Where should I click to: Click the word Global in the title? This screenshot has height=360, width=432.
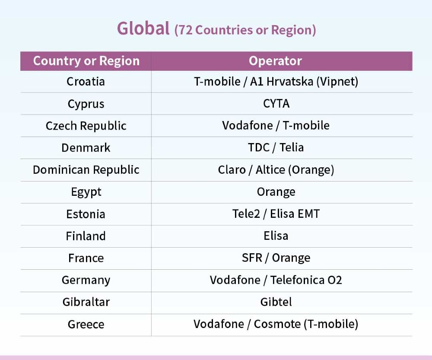(x=143, y=29)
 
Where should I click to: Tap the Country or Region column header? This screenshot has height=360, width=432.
(x=86, y=61)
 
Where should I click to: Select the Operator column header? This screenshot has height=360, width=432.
(x=275, y=61)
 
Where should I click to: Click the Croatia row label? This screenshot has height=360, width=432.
(x=86, y=82)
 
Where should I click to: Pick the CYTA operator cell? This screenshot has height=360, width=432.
(x=276, y=104)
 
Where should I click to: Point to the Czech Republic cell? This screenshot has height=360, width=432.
(x=86, y=126)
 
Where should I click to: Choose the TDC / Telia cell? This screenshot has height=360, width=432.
(x=276, y=147)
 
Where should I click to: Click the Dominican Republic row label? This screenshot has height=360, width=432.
(x=86, y=170)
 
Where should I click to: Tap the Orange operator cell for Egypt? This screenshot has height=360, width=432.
(x=276, y=192)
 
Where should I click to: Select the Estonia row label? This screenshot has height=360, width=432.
(x=86, y=214)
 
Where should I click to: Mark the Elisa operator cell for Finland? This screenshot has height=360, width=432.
(x=276, y=236)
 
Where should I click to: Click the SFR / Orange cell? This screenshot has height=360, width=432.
(x=276, y=258)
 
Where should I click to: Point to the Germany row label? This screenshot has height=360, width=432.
(x=86, y=280)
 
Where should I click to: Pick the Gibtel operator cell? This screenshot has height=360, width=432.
(x=276, y=302)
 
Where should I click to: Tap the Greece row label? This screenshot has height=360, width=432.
(x=86, y=325)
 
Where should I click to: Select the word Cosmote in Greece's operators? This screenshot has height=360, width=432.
(x=277, y=324)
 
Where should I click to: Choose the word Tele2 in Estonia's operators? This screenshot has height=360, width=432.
(x=246, y=214)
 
